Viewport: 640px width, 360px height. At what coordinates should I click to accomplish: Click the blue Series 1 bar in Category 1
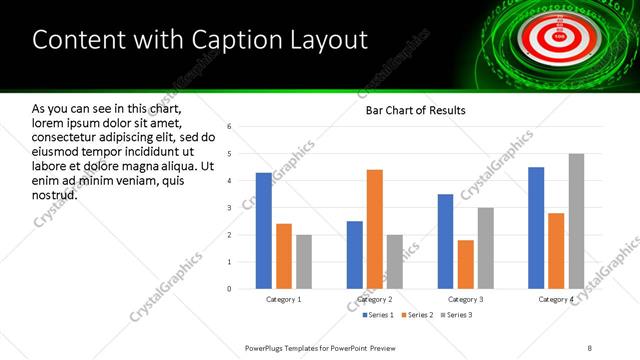[264, 231]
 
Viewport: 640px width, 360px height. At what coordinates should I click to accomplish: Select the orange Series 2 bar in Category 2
[375, 229]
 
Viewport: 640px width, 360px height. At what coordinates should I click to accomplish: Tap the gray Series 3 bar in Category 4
[576, 221]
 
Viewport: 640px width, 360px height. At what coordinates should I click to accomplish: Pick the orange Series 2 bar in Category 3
[466, 264]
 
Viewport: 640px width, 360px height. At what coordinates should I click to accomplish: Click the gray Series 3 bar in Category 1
[304, 262]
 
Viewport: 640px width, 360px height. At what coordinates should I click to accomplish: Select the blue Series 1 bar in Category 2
[355, 255]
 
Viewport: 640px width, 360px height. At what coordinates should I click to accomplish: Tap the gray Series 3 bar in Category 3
[486, 248]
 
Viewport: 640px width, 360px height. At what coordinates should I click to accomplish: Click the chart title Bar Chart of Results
[410, 110]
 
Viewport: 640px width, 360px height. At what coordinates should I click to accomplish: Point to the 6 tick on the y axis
[230, 127]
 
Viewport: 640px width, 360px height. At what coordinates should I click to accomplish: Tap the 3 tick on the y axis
[230, 208]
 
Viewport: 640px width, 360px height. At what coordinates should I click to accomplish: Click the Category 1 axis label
[284, 299]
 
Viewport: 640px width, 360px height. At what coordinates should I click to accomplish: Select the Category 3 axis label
[466, 299]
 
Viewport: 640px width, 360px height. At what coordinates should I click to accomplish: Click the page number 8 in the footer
[590, 347]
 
